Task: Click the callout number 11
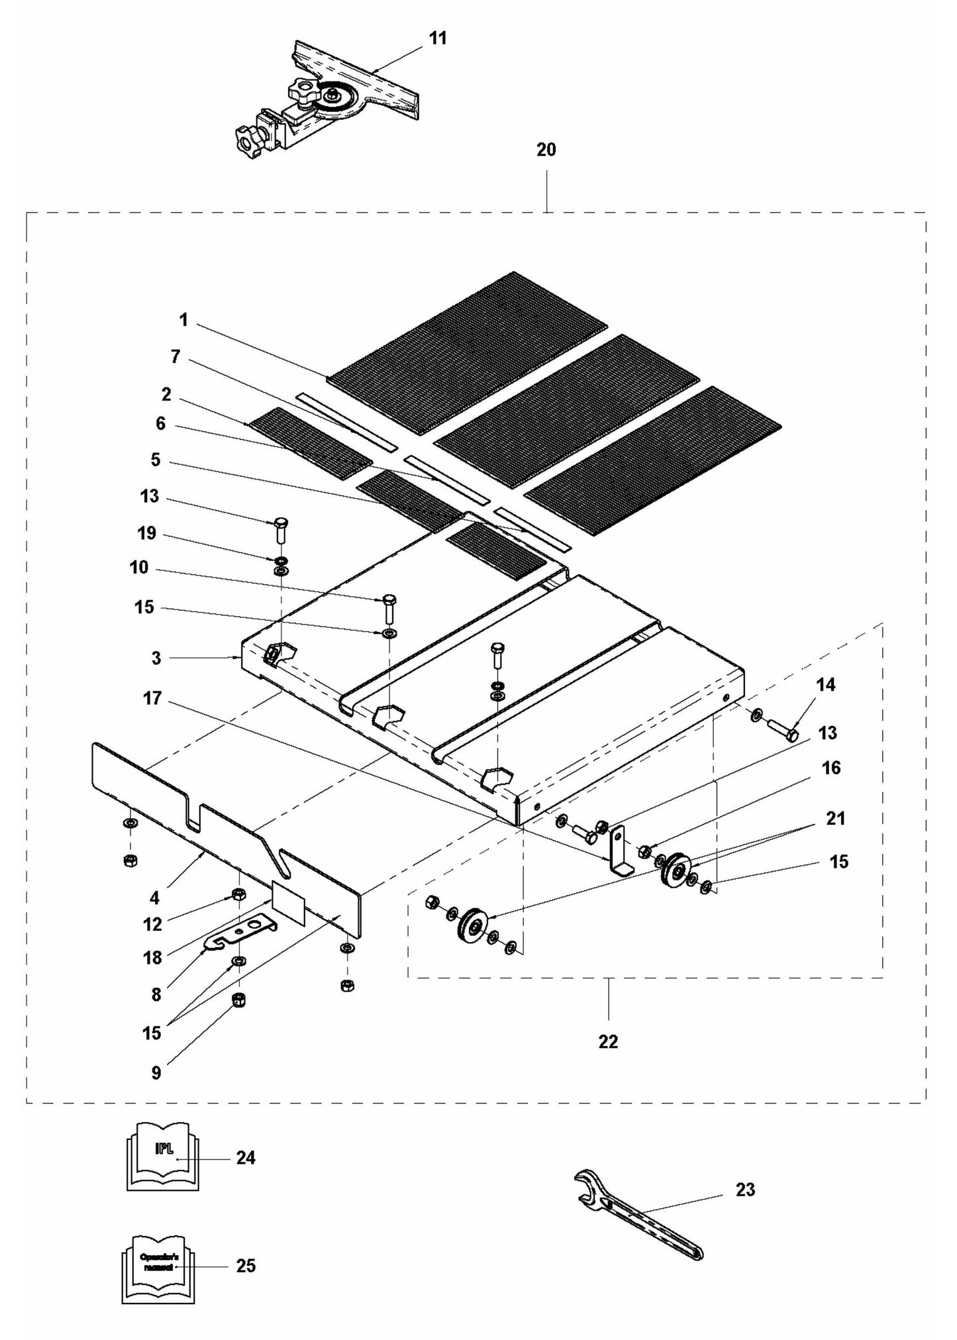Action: pos(438,38)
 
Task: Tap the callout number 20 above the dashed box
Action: pos(546,150)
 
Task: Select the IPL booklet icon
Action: pos(162,1156)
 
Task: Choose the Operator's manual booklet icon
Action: pos(158,1266)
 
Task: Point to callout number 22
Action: pos(608,1042)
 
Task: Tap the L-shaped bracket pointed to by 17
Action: pos(618,854)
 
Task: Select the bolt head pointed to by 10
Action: pos(389,600)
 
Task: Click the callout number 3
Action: pos(156,658)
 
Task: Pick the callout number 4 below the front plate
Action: pos(155,898)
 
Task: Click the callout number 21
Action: pos(836,819)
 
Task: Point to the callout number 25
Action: pos(246,1266)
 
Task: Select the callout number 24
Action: pos(246,1157)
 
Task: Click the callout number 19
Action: pos(147,533)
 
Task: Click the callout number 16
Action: pos(831,768)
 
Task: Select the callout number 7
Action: pos(175,357)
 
